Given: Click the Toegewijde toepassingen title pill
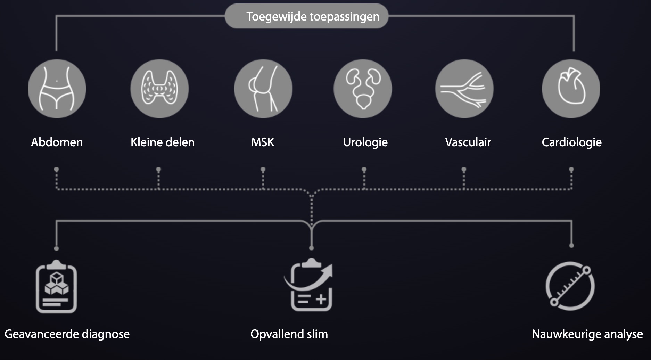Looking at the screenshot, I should tap(306, 16).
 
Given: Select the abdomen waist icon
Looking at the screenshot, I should tap(57, 89).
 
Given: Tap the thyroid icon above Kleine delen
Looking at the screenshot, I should tap(159, 89).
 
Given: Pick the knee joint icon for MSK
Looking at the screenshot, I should tap(263, 89).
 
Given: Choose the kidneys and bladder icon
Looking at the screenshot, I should tap(363, 89).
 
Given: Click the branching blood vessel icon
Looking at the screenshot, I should tap(464, 89).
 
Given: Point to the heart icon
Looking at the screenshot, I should tap(571, 89).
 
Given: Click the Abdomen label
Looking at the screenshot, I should tap(57, 142).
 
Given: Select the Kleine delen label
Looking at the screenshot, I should tap(163, 142).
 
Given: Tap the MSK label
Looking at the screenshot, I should tap(263, 142).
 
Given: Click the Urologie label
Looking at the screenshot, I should tap(365, 142).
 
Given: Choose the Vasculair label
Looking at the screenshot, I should tap(468, 142).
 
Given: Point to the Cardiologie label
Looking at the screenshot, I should tap(571, 142).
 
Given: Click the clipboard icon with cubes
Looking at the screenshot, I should tap(56, 287).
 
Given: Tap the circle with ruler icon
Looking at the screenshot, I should tap(570, 286).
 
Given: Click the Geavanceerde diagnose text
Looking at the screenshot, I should tap(67, 334).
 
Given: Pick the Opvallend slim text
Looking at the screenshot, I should tap(289, 334).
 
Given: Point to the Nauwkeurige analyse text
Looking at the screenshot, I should tap(587, 334).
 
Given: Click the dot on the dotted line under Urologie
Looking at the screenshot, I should tap(364, 170).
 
